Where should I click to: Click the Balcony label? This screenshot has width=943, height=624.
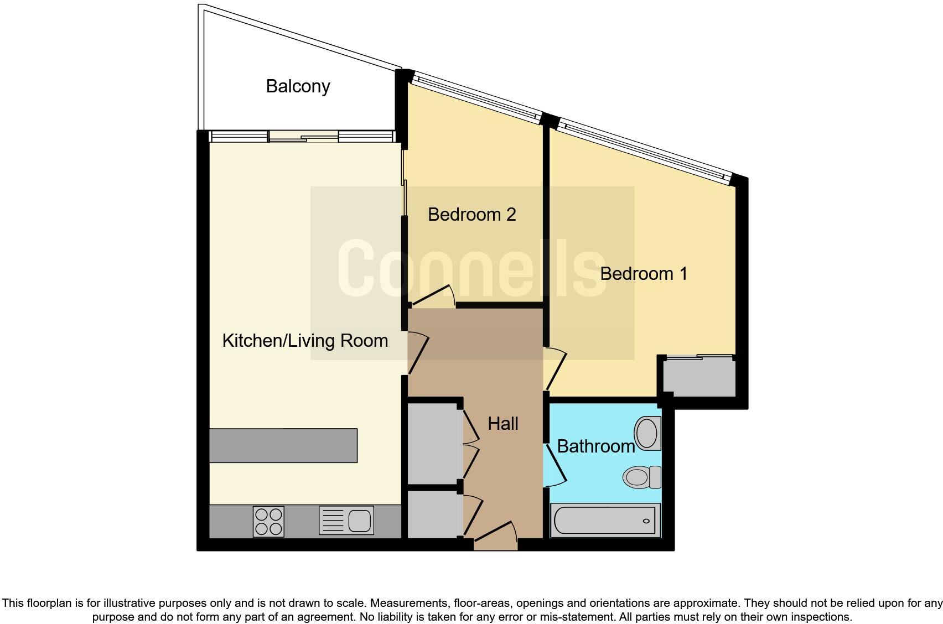pyautogui.click(x=298, y=86)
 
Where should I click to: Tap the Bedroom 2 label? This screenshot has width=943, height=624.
pyautogui.click(x=471, y=214)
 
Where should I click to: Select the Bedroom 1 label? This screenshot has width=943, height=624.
pyautogui.click(x=643, y=273)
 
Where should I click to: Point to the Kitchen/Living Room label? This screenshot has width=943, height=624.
pyautogui.click(x=305, y=340)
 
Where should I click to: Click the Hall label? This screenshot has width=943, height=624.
pyautogui.click(x=502, y=424)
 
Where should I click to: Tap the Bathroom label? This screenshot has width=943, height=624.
pyautogui.click(x=595, y=446)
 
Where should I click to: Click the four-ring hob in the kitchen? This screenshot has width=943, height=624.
pyautogui.click(x=268, y=521)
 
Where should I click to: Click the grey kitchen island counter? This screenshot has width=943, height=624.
pyautogui.click(x=283, y=445)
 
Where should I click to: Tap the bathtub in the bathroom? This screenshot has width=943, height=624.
pyautogui.click(x=605, y=521)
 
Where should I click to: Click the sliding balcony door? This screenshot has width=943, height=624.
pyautogui.click(x=303, y=137)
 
